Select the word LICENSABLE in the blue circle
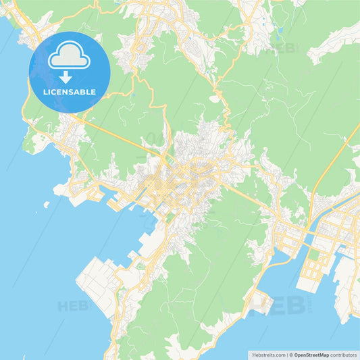click(x=70, y=92)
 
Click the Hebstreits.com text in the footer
click(x=267, y=354)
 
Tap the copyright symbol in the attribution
click(x=292, y=354)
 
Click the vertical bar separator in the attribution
click(x=287, y=354)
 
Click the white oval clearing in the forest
click(x=215, y=99)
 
